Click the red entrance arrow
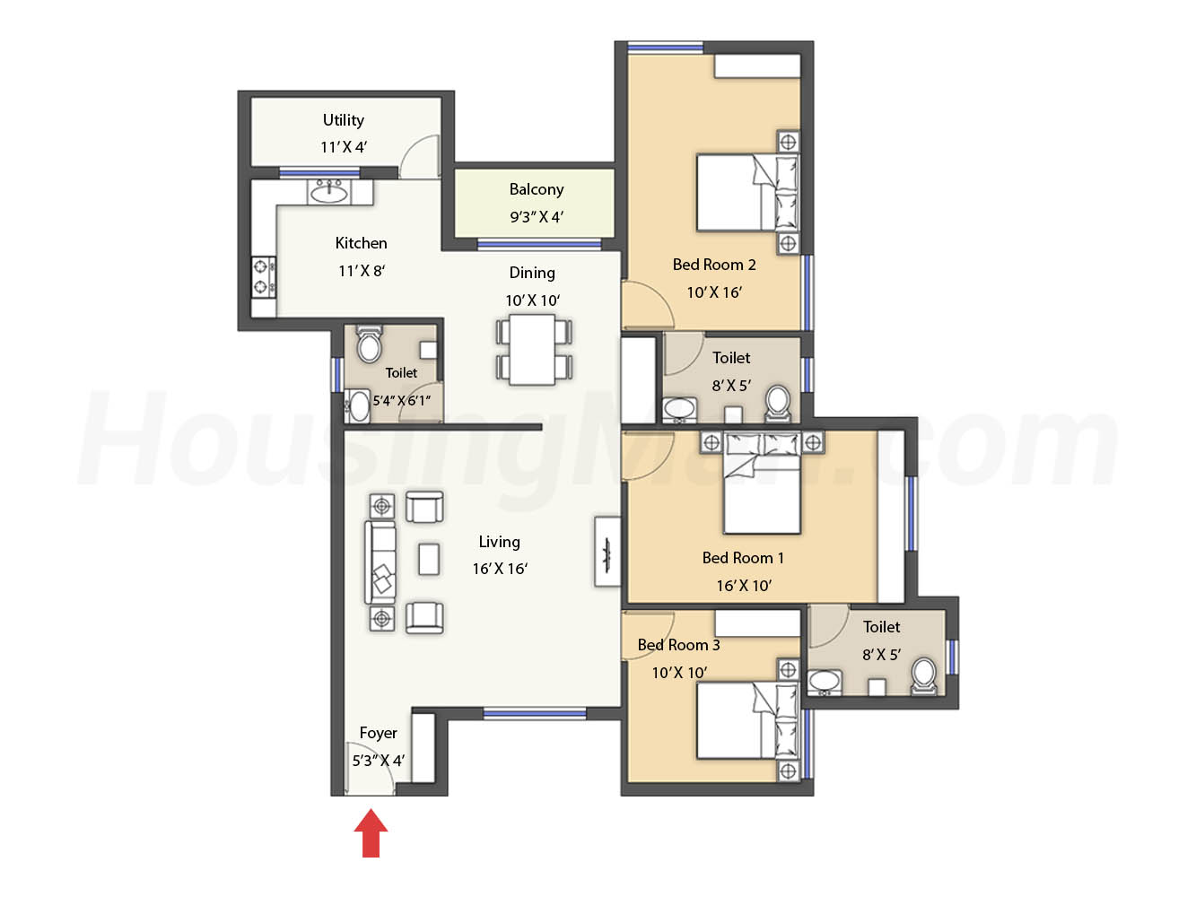click(371, 832)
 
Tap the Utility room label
click(344, 120)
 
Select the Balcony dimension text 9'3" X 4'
click(537, 217)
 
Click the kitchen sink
click(328, 192)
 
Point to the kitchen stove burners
click(265, 276)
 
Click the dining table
click(532, 349)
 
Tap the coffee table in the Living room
click(429, 559)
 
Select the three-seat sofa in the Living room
click(380, 562)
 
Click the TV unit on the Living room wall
click(607, 551)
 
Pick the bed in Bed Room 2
click(747, 192)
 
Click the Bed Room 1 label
click(743, 557)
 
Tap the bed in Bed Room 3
click(747, 720)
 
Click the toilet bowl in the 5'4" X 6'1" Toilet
click(370, 344)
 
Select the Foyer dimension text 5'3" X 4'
click(378, 761)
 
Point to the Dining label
click(532, 273)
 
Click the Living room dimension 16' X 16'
click(500, 569)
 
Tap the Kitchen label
click(361, 243)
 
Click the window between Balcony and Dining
click(539, 245)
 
